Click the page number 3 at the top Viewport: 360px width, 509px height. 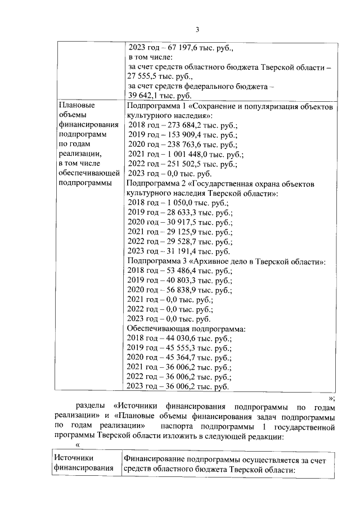coord(197,30)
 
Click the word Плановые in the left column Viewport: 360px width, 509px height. coord(76,105)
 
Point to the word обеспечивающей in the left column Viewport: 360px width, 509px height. coord(89,172)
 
